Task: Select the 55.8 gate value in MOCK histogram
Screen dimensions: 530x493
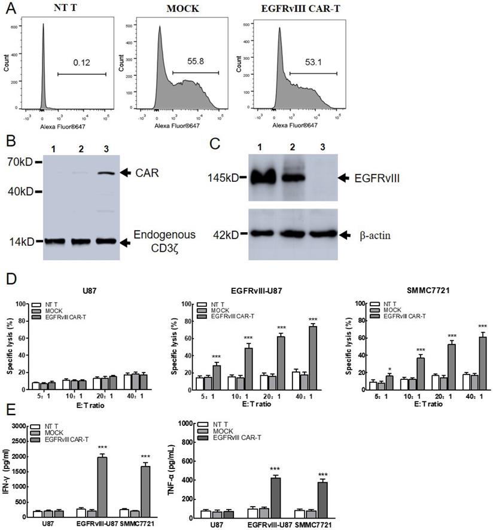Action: (x=194, y=62)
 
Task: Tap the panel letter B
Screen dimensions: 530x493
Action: (x=9, y=142)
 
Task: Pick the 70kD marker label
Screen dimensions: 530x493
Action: (x=20, y=162)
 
